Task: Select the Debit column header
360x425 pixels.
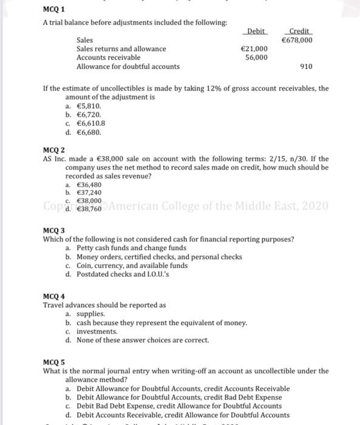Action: point(256,31)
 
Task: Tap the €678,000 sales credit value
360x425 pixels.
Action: point(297,40)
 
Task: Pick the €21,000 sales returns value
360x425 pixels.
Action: point(254,49)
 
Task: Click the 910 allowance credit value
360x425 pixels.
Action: point(307,67)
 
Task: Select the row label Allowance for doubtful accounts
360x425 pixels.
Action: point(127,67)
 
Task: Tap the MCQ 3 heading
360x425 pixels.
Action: point(54,231)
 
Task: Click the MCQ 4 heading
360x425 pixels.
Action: point(54,296)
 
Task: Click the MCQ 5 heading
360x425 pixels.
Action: point(54,362)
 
